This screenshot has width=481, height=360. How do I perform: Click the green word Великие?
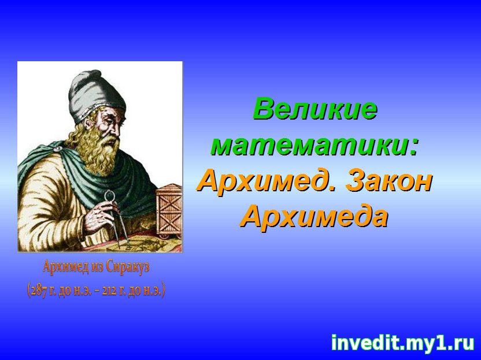(x=315, y=109)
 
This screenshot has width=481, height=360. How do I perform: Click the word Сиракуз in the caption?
(x=128, y=267)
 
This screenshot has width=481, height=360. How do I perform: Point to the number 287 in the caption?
(x=39, y=291)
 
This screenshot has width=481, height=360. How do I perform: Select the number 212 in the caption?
(x=109, y=291)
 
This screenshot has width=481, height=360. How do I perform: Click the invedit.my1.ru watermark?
(x=403, y=343)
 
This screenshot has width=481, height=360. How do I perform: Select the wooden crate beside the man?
(x=169, y=211)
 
